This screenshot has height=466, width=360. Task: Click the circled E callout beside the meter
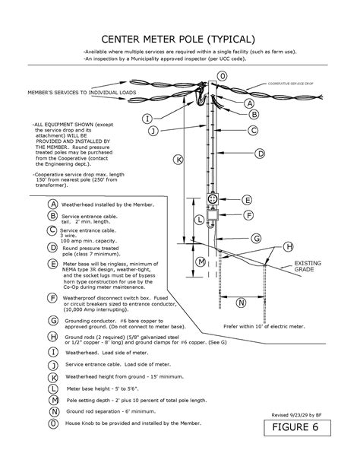(x=248, y=200)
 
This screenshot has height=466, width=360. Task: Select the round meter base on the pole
(x=213, y=199)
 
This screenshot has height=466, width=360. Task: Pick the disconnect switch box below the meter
(x=213, y=217)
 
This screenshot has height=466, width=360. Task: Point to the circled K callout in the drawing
(x=178, y=160)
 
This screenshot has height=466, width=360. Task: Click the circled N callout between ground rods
(x=241, y=303)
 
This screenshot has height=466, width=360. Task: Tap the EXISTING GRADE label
(x=309, y=265)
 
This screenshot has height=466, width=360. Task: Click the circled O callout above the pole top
(x=223, y=77)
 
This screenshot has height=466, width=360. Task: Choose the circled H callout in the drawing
(x=288, y=246)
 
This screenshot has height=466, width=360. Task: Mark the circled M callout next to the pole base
(x=201, y=262)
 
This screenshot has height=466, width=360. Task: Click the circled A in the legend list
(x=52, y=204)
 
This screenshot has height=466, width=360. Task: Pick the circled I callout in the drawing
(x=147, y=118)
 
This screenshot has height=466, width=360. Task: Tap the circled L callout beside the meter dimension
(x=199, y=220)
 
